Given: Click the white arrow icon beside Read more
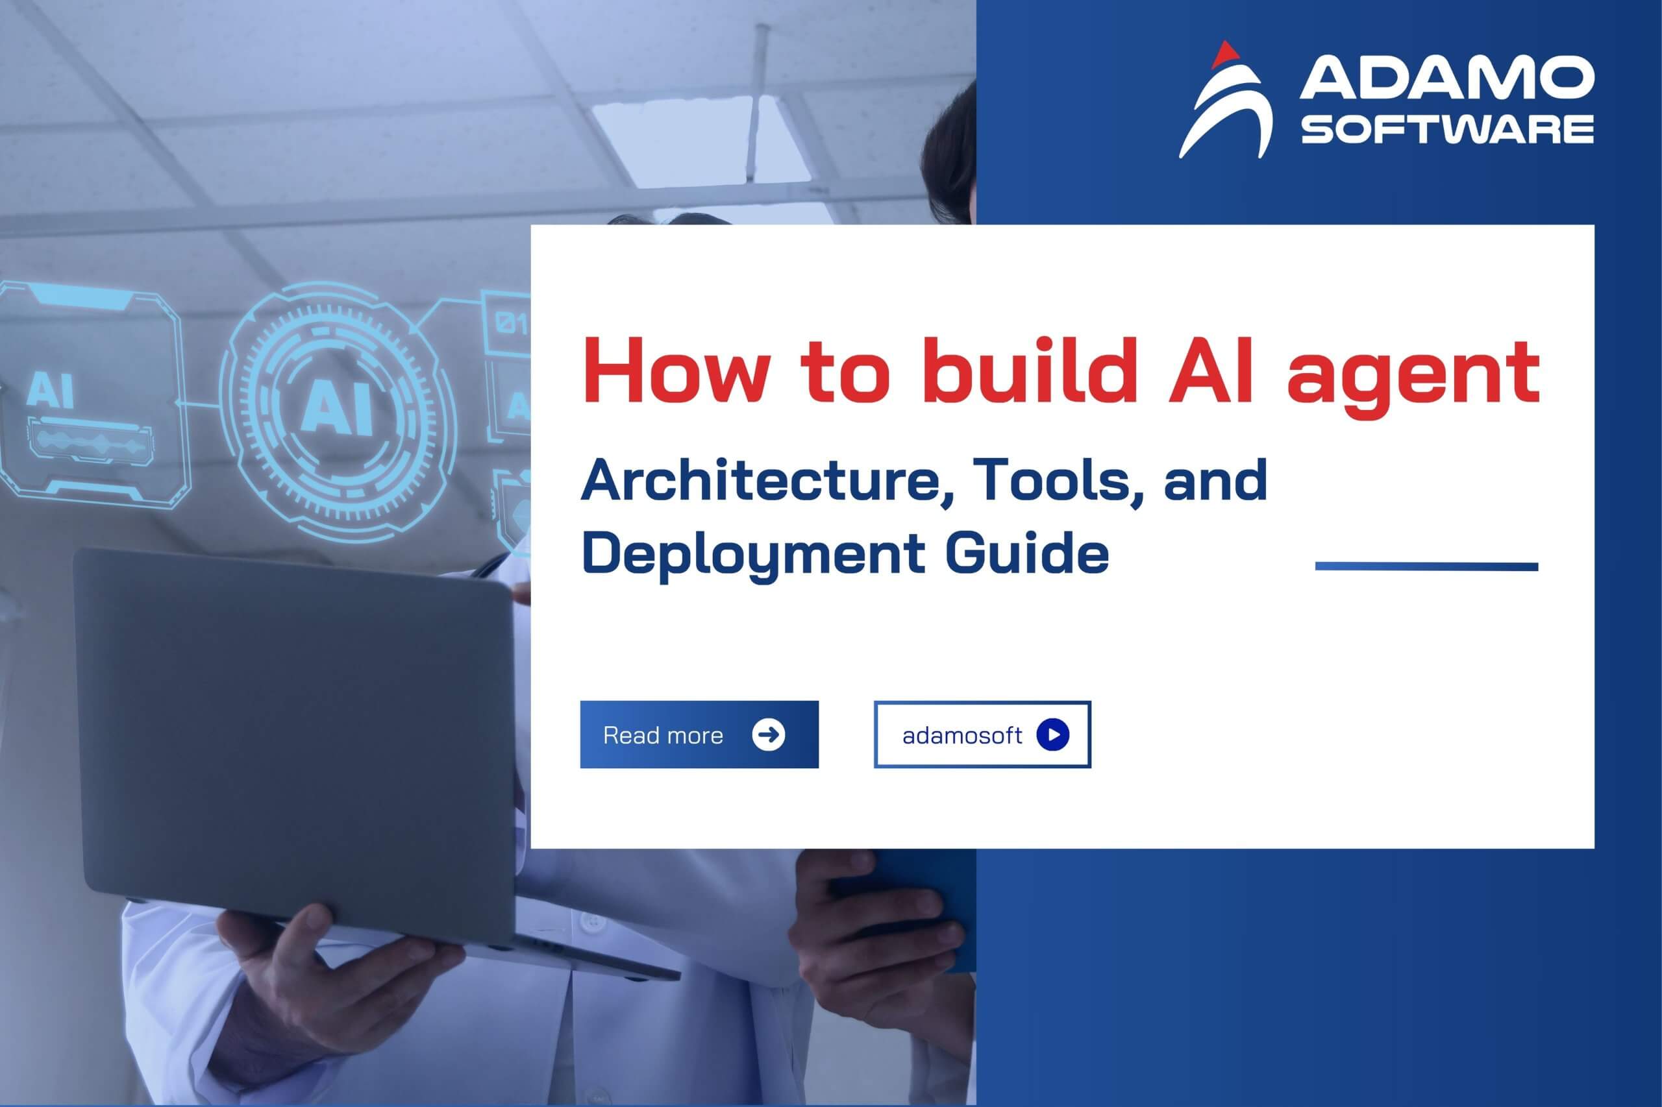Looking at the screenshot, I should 769,735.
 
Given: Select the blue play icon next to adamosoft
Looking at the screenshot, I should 1052,735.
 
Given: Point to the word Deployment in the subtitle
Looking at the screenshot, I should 752,555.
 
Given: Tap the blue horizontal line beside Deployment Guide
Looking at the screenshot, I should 1426,566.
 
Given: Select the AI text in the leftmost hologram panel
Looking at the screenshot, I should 49,391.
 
